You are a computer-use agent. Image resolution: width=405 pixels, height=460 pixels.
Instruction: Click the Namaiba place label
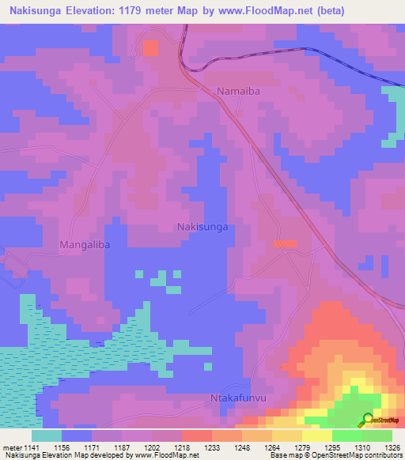[238, 92]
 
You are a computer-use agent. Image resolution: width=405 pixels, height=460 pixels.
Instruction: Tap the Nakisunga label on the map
[202, 227]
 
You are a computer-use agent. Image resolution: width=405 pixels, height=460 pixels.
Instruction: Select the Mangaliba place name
[84, 245]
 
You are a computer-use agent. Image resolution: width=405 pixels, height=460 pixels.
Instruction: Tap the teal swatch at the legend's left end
[47, 435]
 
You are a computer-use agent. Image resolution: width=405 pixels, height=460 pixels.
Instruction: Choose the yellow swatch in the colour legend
[316, 435]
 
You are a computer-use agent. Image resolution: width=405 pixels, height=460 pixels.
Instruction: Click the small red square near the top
[150, 48]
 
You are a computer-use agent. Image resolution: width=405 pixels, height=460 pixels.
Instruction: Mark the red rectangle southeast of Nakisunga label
[285, 244]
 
